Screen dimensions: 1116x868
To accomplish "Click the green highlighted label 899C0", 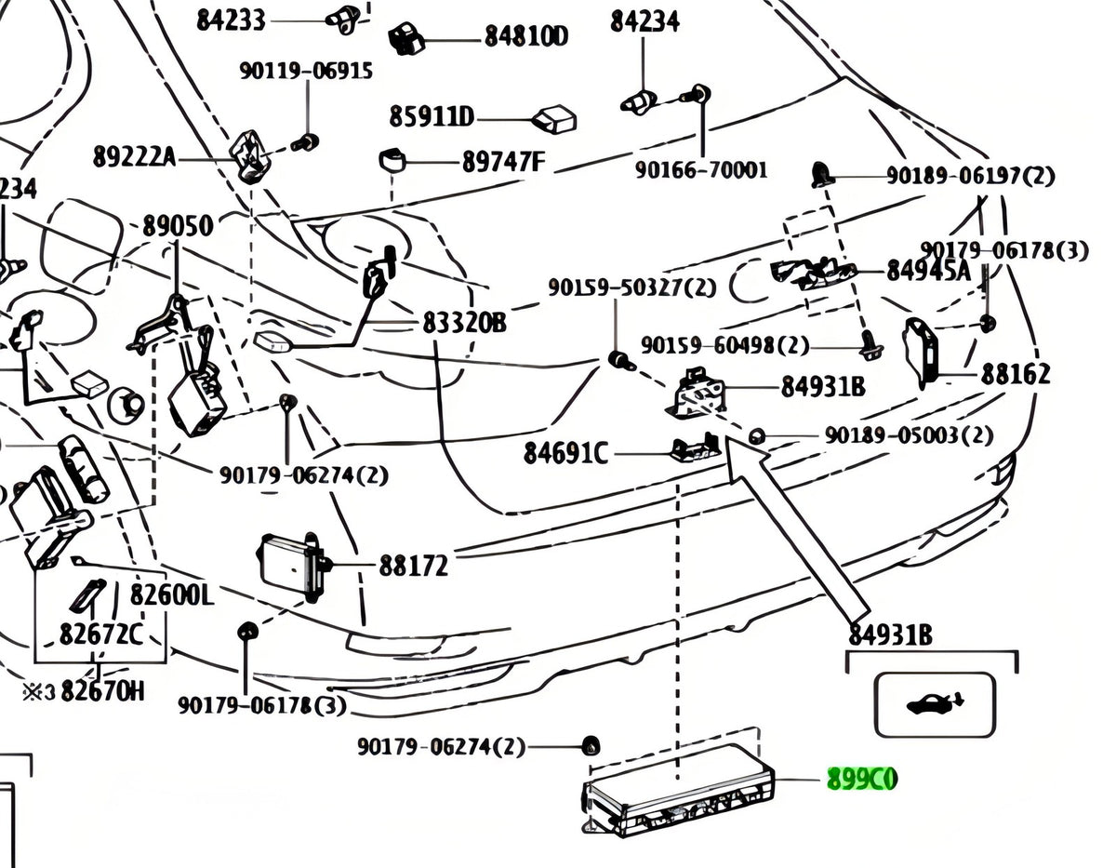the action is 862,779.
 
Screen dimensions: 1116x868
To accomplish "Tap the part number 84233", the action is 232,21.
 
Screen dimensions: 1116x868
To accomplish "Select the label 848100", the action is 526,36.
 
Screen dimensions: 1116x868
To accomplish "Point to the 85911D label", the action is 432,117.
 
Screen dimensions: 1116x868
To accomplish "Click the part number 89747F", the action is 503,162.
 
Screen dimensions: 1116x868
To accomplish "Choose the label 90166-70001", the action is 701,170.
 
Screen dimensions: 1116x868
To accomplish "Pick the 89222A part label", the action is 134,156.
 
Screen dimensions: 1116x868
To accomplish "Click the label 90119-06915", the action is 306,71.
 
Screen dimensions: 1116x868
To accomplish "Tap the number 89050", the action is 178,226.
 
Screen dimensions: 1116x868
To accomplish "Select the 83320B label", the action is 464,323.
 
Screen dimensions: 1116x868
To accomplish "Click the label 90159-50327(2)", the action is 631,287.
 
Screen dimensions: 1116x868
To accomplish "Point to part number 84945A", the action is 929,271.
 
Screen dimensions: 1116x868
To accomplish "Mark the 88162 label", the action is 1016,374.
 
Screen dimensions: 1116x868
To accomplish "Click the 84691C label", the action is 565,453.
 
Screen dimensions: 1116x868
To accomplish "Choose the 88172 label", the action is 414,566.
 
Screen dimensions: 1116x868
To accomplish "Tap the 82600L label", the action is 172,594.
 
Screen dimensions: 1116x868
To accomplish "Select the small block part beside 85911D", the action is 553,120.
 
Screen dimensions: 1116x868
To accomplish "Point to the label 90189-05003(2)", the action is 909,436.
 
